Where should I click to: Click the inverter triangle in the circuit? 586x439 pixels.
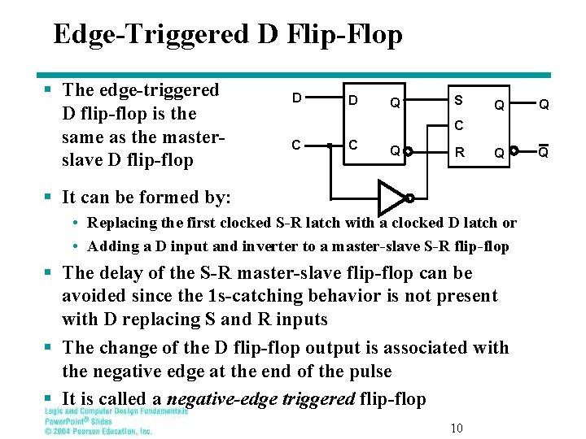pos(391,196)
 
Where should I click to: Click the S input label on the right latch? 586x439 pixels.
pos(459,100)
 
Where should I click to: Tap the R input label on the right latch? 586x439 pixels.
pos(460,151)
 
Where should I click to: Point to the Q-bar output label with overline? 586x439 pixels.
pos(544,151)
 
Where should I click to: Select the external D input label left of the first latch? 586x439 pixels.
pos(298,98)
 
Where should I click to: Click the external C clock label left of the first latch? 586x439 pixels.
pos(298,146)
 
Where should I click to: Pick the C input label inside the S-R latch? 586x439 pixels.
pos(459,126)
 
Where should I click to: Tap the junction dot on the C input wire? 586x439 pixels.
pos(329,146)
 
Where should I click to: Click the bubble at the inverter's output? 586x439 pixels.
pos(410,198)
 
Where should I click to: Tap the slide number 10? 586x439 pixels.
pos(457,428)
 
